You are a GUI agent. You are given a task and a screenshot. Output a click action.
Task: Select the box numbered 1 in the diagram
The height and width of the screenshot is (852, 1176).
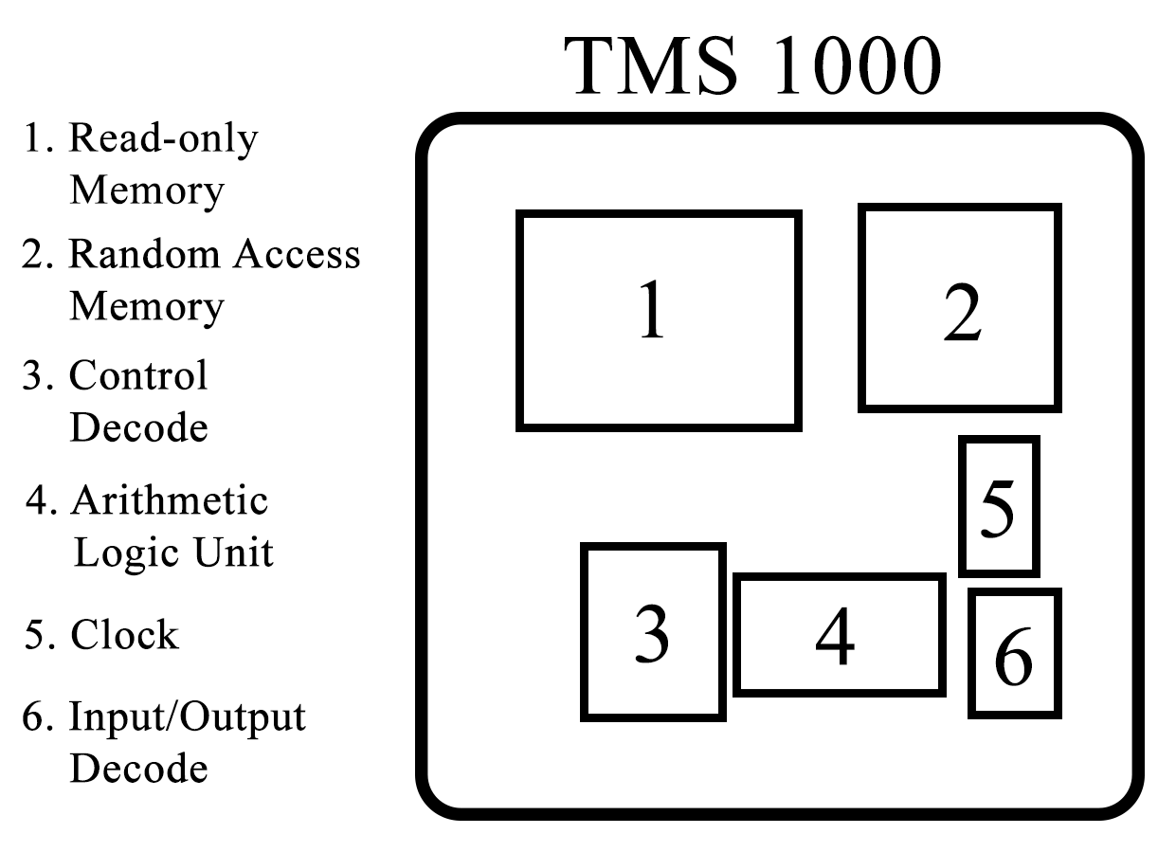tap(659, 320)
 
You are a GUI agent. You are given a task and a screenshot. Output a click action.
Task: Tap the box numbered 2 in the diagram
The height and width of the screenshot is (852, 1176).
tap(960, 309)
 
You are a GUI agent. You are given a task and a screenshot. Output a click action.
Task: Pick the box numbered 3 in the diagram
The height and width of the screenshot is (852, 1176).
tap(652, 631)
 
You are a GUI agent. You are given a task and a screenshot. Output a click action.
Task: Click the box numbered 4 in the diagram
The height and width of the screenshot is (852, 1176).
tap(839, 635)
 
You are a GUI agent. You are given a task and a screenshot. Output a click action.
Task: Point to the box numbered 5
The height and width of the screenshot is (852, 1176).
tap(999, 506)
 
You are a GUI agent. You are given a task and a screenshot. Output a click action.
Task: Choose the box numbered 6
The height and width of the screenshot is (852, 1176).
tap(1014, 654)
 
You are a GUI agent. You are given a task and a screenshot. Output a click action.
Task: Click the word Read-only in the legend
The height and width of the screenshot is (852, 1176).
tap(163, 139)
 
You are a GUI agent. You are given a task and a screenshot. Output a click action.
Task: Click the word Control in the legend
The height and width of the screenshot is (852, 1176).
tap(138, 376)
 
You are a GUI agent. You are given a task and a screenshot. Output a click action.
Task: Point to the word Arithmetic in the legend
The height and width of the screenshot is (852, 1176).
tap(170, 499)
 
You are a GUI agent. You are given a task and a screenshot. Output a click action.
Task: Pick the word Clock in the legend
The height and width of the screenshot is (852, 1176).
tap(124, 635)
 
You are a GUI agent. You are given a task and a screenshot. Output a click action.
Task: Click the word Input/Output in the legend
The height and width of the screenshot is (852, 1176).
tap(188, 717)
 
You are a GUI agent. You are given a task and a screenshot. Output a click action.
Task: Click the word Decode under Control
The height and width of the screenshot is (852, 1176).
tap(138, 427)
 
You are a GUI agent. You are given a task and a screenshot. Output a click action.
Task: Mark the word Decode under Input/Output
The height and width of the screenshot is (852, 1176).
tap(138, 768)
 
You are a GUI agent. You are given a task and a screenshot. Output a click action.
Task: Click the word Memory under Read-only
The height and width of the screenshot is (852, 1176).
tap(147, 190)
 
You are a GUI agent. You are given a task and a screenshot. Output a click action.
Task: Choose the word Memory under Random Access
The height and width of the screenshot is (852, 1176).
tap(147, 307)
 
